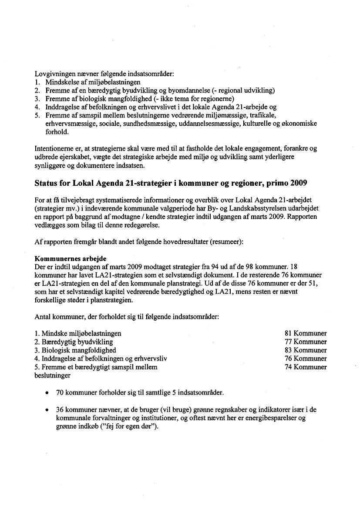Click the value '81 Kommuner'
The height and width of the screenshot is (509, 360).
point(306,334)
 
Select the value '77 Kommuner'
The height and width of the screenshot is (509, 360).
point(306,342)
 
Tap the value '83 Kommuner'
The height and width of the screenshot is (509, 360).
point(306,350)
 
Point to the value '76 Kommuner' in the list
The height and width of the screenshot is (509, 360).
point(306,359)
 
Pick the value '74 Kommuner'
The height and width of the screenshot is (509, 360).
point(306,367)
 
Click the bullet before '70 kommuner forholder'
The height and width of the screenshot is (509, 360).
point(47,393)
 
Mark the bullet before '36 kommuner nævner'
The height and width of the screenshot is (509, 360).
point(47,410)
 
